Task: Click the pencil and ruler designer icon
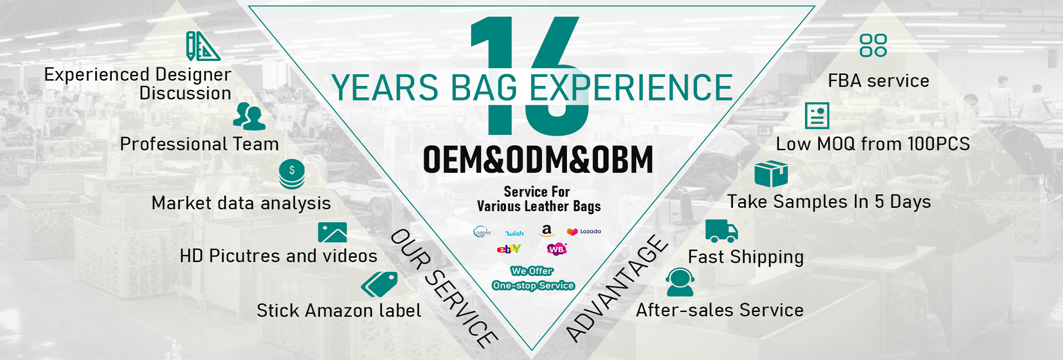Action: (203, 46)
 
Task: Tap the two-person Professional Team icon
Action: (249, 116)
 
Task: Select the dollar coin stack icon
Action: (292, 174)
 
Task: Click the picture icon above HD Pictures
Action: (332, 233)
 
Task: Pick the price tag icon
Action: (379, 284)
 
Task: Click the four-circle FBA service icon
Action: (873, 45)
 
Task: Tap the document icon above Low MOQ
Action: (817, 116)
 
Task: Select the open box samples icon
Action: (771, 174)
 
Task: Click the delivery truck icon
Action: (721, 231)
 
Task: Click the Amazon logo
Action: (546, 230)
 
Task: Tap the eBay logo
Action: (509, 249)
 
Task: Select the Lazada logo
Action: (584, 232)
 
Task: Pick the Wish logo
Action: (514, 233)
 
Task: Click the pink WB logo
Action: (557, 249)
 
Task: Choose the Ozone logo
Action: (482, 232)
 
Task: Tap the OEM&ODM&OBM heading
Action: (538, 160)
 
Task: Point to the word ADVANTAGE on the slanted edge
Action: (617, 288)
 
